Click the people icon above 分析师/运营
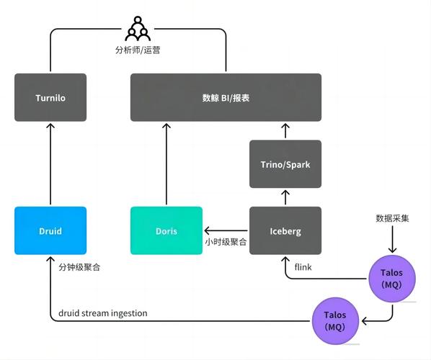pyautogui.click(x=137, y=29)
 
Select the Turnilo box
pyautogui.click(x=50, y=97)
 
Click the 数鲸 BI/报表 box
pyautogui.click(x=226, y=97)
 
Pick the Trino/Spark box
pyautogui.click(x=285, y=164)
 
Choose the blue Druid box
pyautogui.click(x=50, y=231)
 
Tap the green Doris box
pyautogui.click(x=166, y=231)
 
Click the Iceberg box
pyautogui.click(x=285, y=231)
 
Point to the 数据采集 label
pyautogui.click(x=393, y=218)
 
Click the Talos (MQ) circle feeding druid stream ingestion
pyautogui.click(x=335, y=321)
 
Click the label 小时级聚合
pyautogui.click(x=226, y=242)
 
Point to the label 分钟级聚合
pyautogui.click(x=79, y=266)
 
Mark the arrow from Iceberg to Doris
pyautogui.click(x=226, y=231)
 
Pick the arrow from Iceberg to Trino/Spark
pyautogui.click(x=285, y=197)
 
